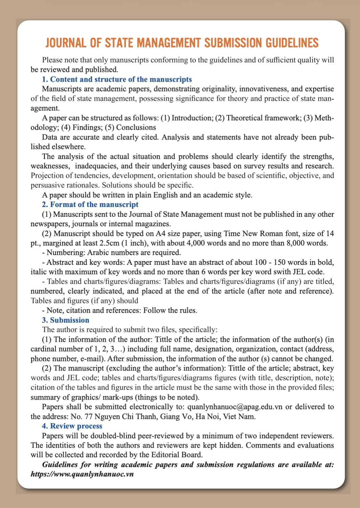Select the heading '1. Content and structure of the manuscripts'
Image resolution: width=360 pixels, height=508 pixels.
point(117,79)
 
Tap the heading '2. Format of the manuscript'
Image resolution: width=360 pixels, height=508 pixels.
point(90,204)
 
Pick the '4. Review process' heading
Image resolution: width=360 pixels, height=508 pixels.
point(72,426)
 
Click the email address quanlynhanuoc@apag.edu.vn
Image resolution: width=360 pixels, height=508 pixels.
point(235,407)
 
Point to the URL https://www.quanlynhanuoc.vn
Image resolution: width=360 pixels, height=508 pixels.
point(82,474)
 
